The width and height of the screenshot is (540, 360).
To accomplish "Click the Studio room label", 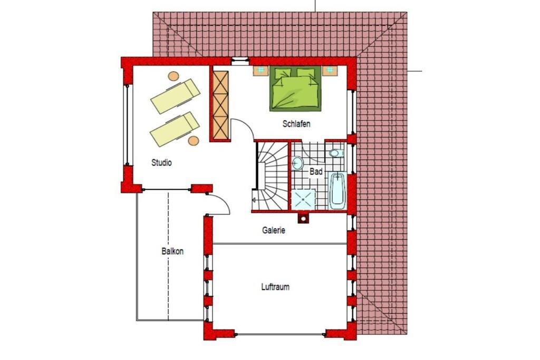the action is (161, 162).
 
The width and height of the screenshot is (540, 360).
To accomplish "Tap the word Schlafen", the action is (296, 123).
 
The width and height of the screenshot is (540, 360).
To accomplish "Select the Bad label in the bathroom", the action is (316, 171).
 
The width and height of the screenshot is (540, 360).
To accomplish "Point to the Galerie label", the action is (274, 230).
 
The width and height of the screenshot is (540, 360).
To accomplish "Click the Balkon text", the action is (172, 251).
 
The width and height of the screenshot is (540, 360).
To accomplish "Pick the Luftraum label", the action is (275, 287).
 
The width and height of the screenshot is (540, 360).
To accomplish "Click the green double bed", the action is (295, 89).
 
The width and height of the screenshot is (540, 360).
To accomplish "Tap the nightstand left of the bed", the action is (262, 71).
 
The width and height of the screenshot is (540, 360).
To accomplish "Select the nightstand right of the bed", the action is (330, 71).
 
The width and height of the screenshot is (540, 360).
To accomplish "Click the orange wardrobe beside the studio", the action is (220, 105).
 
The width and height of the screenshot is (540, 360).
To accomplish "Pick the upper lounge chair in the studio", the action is (175, 96).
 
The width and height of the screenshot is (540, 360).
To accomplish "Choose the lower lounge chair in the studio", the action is (175, 129).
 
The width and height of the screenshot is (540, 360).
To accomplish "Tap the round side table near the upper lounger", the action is (173, 76).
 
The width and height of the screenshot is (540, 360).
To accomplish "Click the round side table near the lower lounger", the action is (194, 140).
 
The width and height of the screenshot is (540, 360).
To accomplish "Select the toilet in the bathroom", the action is (336, 153).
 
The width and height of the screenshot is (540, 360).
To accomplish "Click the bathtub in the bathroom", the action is (337, 191).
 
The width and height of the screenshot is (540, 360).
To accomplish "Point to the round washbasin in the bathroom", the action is (297, 163).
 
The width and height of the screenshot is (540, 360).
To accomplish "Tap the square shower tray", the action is (303, 199).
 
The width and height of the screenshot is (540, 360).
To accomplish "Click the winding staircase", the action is (272, 176).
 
